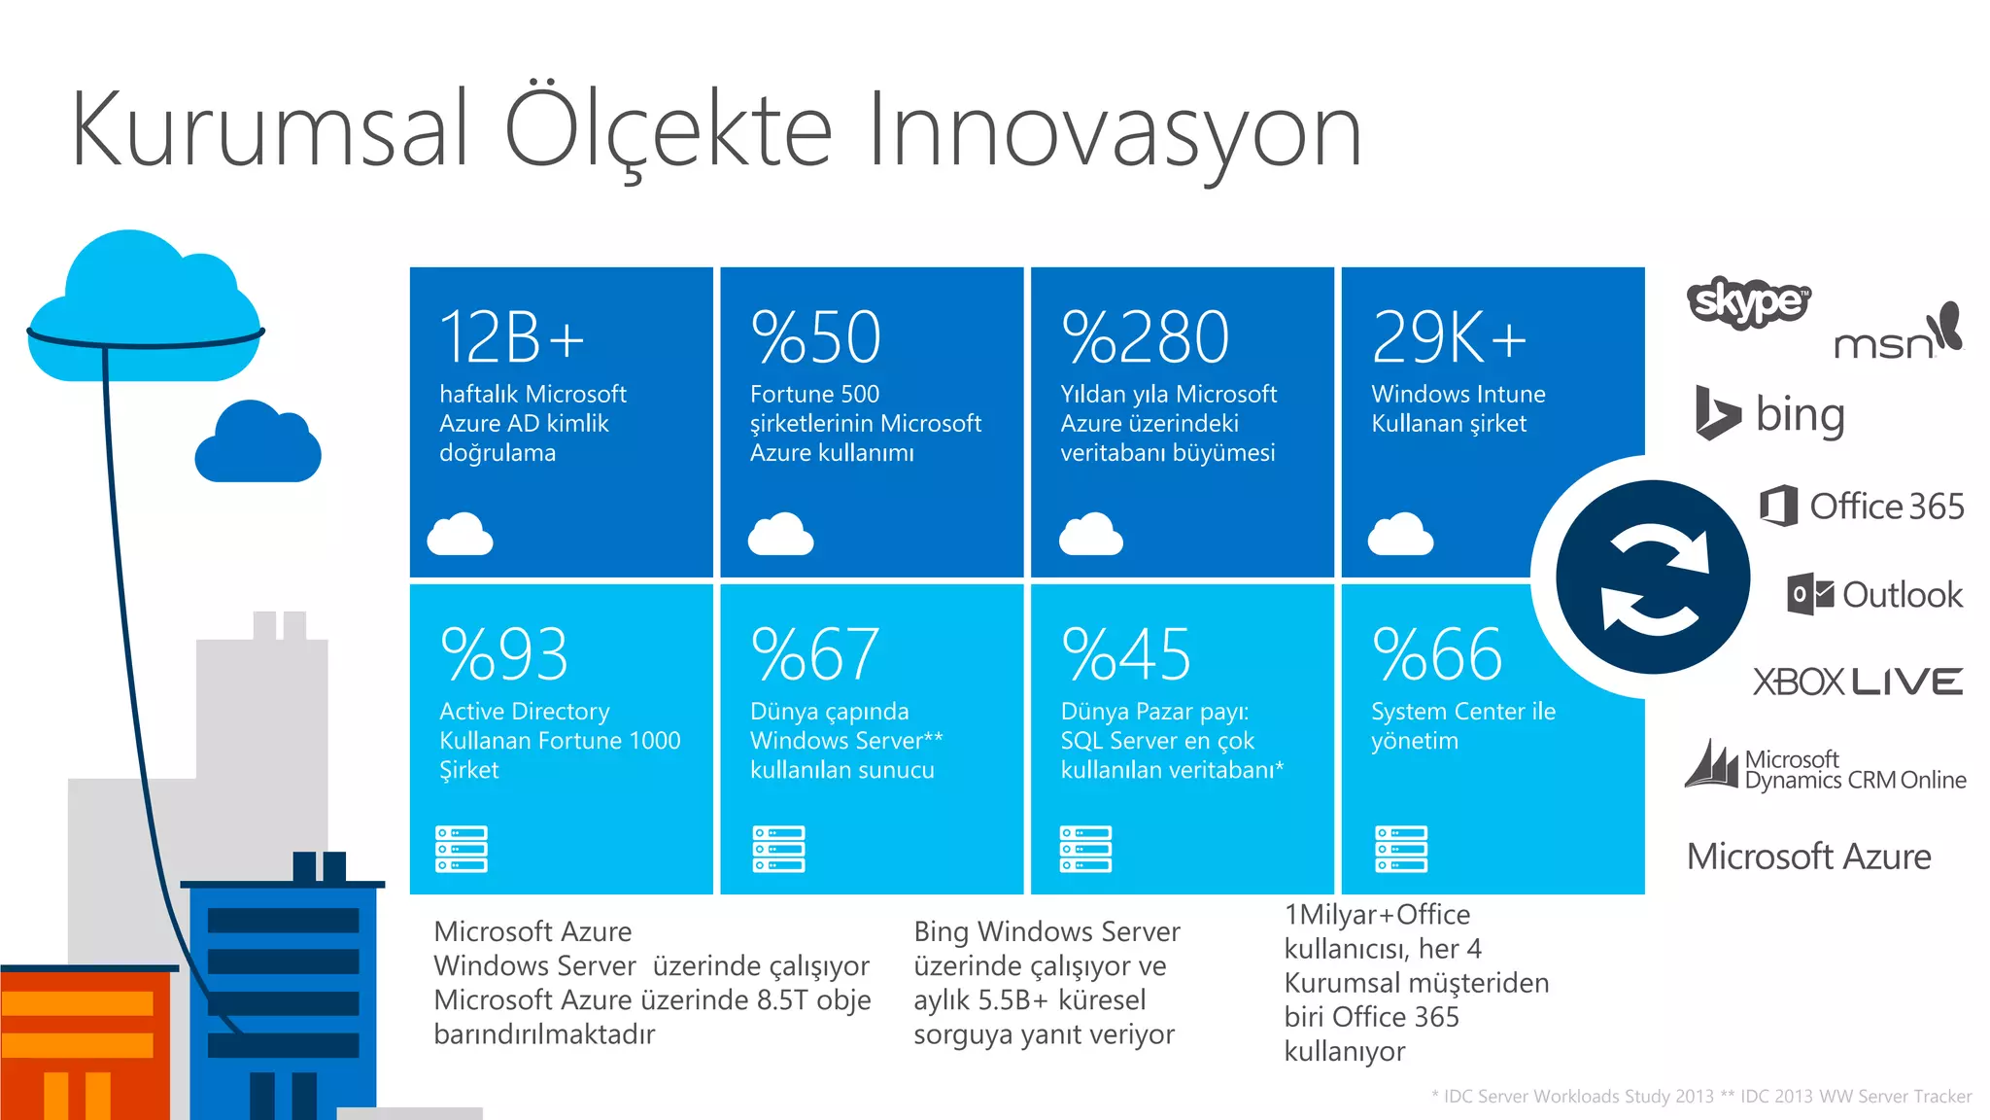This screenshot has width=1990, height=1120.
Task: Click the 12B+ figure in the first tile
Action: (512, 336)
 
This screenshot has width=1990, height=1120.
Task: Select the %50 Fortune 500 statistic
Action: (816, 336)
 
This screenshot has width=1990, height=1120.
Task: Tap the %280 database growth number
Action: (1146, 336)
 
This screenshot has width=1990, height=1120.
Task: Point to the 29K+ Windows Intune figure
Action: (1449, 336)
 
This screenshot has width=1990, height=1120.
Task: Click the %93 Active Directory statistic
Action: (503, 653)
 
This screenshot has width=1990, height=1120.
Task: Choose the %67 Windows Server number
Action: (815, 653)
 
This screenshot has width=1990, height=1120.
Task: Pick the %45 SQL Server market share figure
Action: (1126, 653)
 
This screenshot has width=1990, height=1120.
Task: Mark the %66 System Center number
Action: (1437, 653)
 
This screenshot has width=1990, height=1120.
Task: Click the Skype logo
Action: (1749, 301)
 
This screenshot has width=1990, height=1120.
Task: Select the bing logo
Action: (1770, 414)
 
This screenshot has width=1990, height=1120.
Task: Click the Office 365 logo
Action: (1862, 506)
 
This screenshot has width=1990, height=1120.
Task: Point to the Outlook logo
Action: (1875, 594)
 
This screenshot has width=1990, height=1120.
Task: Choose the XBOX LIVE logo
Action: (1858, 682)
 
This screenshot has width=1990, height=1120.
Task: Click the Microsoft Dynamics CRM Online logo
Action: (1826, 768)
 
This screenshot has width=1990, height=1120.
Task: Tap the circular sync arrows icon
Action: (1653, 577)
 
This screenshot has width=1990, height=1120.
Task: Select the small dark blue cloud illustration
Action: (257, 443)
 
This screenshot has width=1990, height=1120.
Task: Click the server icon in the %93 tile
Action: (462, 849)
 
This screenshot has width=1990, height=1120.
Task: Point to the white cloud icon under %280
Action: (1091, 534)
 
